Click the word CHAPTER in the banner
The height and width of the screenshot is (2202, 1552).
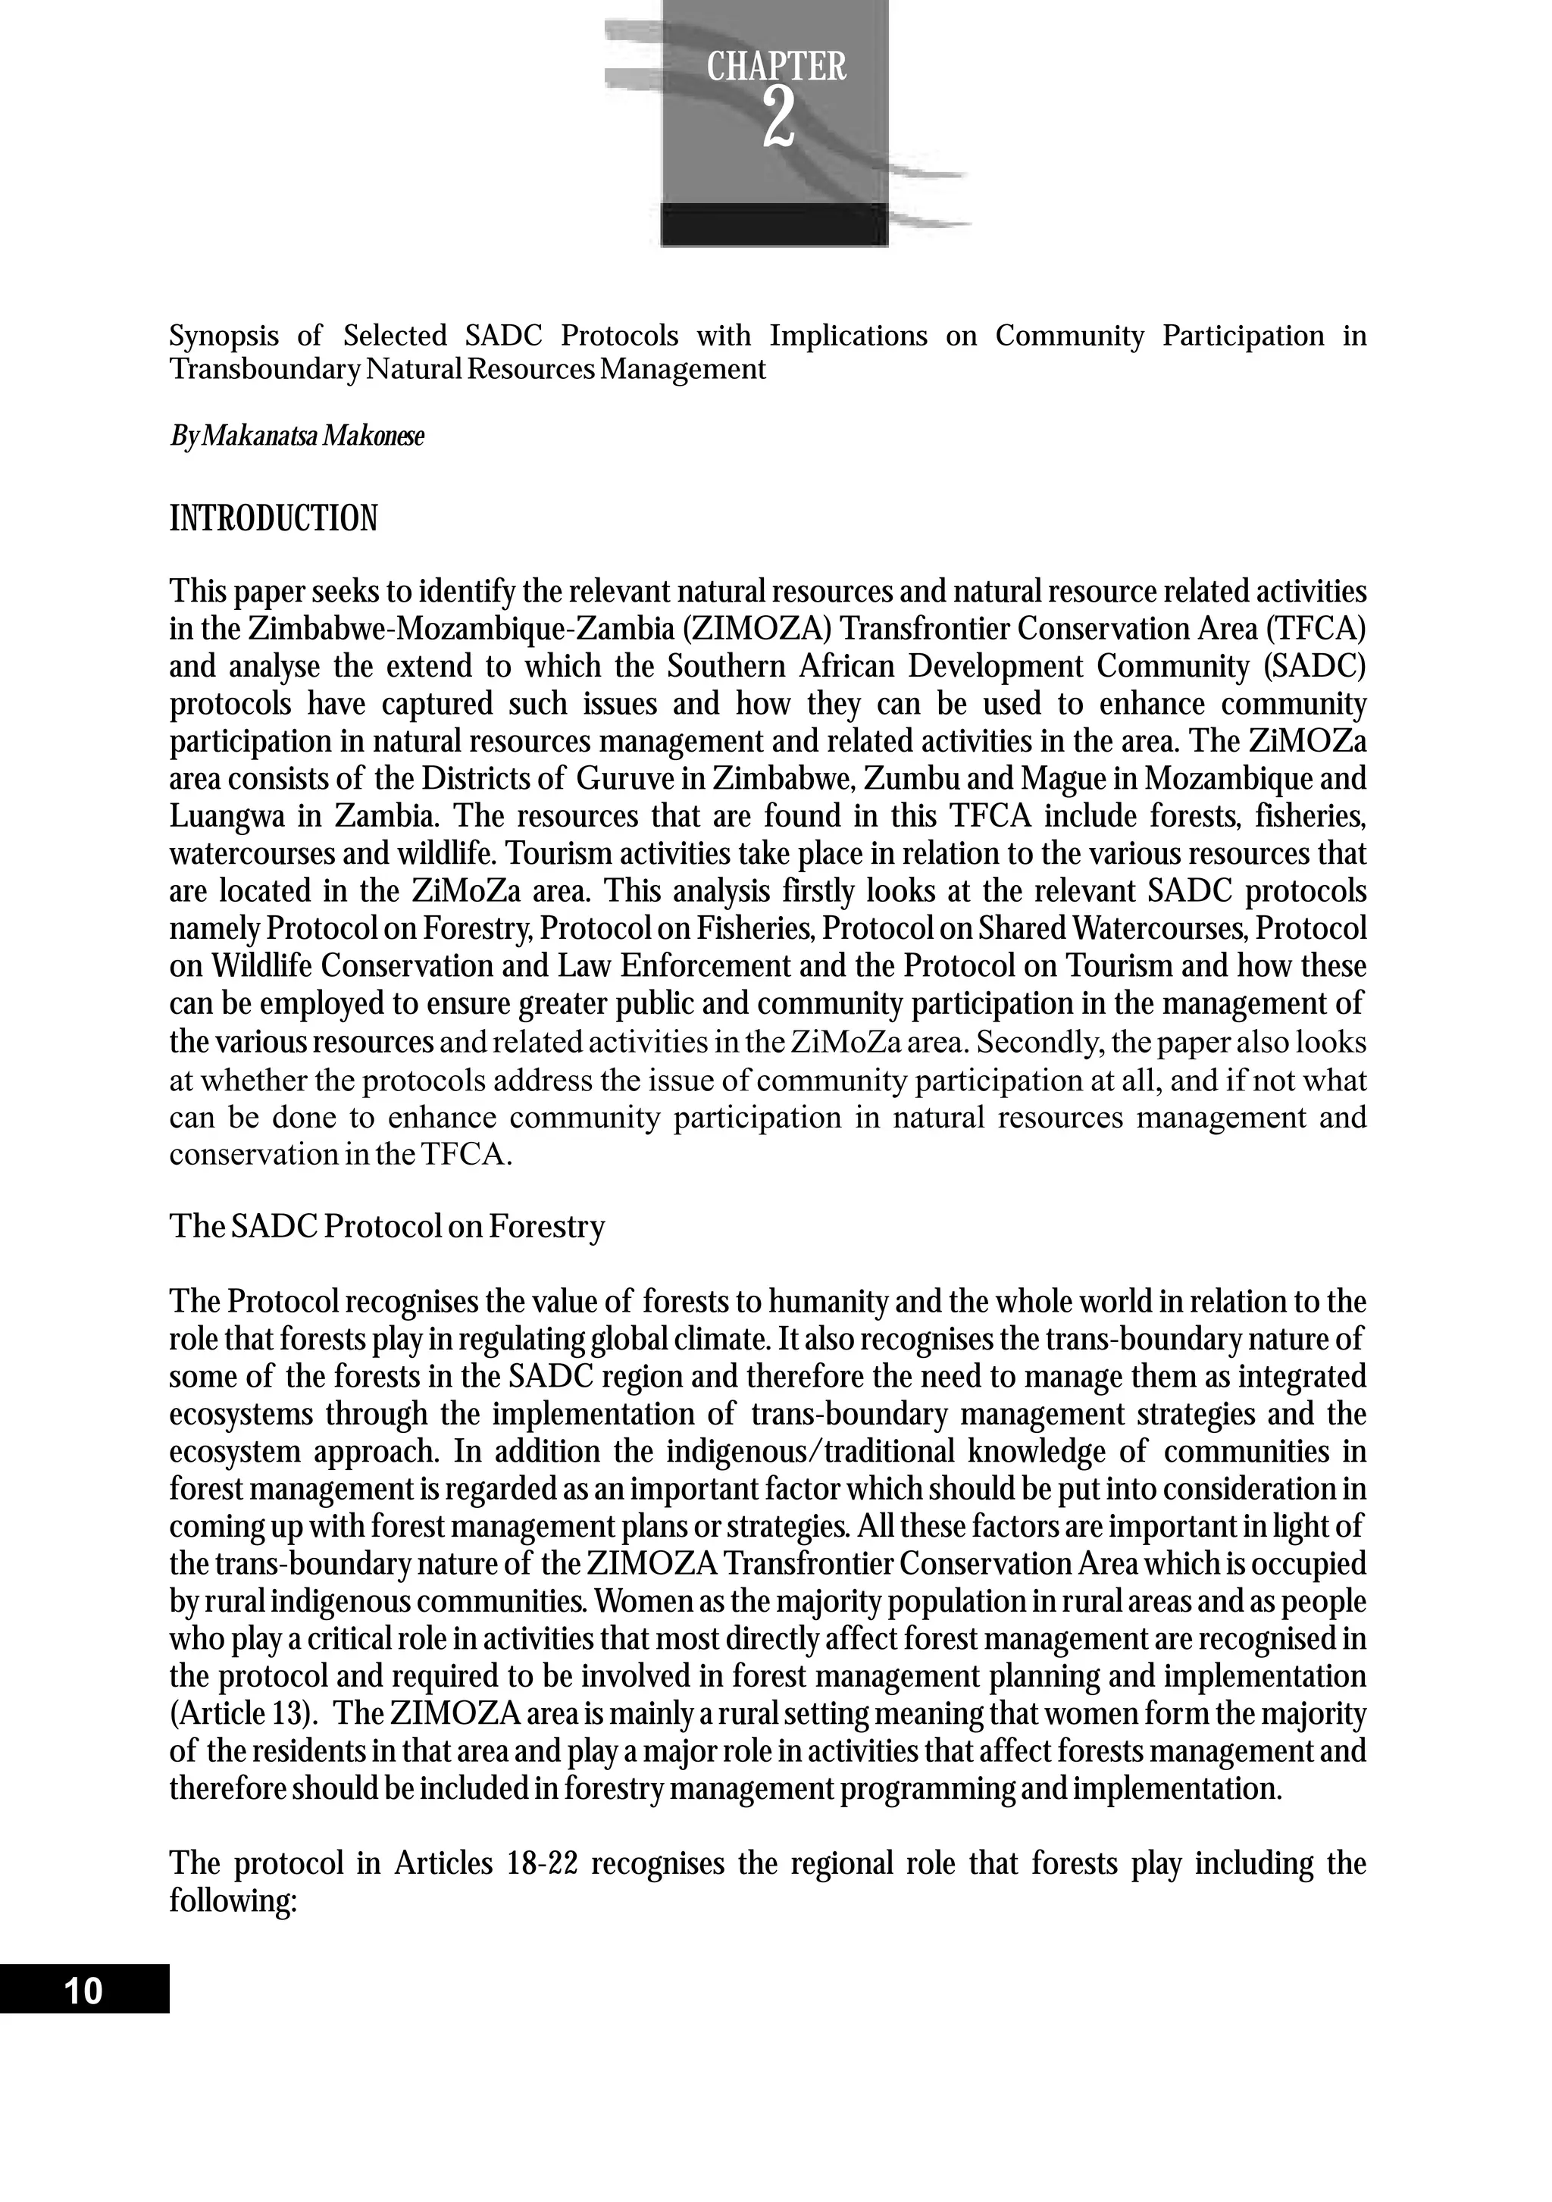[x=776, y=67]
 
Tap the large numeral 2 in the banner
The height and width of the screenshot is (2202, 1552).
[x=778, y=120]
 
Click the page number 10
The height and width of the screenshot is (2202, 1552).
[x=83, y=1992]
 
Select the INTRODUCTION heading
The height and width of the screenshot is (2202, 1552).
[x=274, y=519]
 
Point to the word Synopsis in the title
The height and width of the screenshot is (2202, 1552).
[x=224, y=336]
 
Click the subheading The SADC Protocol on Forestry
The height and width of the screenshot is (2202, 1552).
[x=386, y=1227]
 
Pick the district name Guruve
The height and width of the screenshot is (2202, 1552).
[x=621, y=780]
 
